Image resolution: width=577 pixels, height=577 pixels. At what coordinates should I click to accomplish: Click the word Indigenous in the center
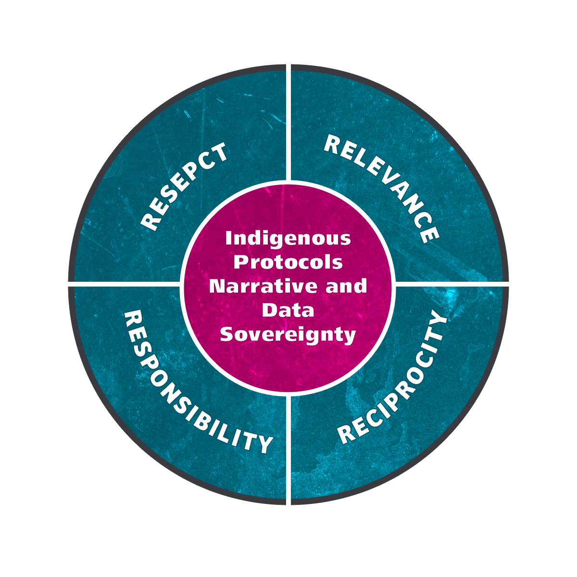(x=288, y=238)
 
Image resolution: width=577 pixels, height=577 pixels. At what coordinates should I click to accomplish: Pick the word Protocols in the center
(x=288, y=263)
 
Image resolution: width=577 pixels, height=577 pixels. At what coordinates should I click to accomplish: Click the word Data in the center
(x=288, y=310)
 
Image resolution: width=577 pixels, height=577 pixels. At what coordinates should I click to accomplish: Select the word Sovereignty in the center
(x=288, y=335)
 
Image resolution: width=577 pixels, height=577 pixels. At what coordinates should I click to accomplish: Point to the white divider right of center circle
(x=452, y=284)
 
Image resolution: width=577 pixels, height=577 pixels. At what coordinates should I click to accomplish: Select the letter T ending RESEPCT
(x=219, y=152)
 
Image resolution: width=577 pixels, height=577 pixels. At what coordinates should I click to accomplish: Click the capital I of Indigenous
(x=229, y=238)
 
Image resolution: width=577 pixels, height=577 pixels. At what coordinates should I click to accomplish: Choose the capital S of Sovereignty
(x=226, y=335)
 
